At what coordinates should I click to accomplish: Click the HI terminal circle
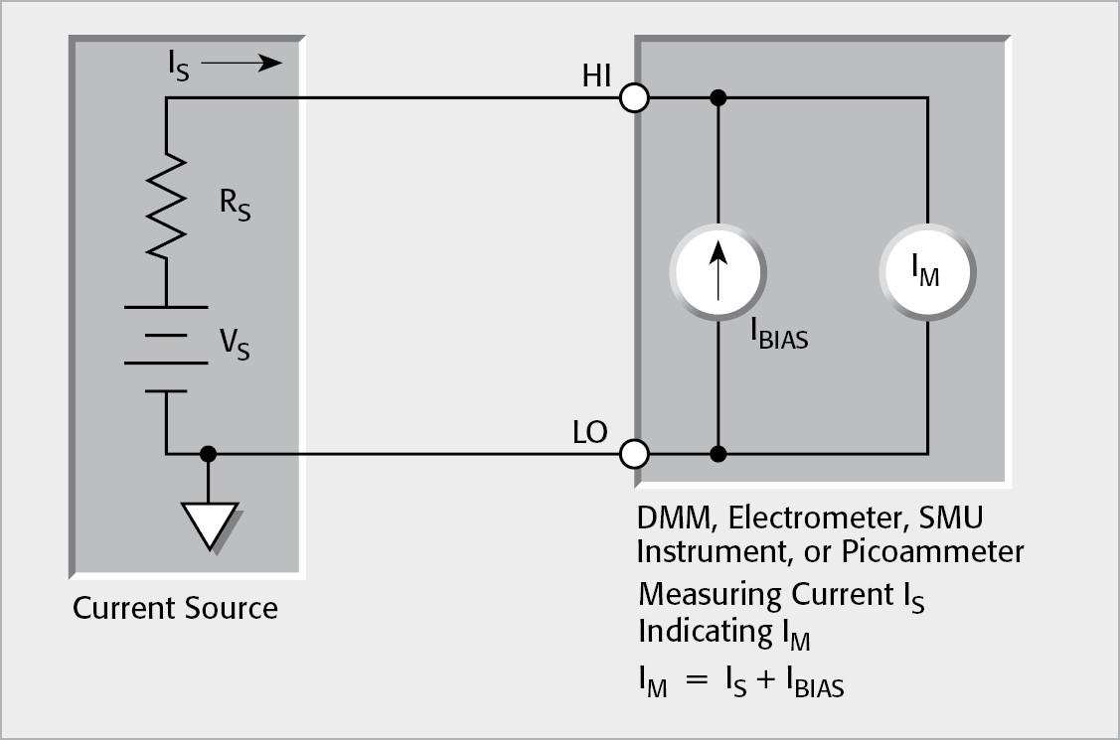634,98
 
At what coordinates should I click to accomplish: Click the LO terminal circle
634,455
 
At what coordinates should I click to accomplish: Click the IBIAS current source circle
718,268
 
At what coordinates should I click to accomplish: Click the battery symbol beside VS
167,348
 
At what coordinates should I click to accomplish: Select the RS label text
235,207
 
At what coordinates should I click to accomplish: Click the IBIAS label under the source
780,335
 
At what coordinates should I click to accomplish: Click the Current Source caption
175,607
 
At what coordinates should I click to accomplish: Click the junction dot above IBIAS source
718,98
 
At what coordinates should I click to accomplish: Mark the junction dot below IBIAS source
718,455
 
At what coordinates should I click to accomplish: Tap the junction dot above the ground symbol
208,455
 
